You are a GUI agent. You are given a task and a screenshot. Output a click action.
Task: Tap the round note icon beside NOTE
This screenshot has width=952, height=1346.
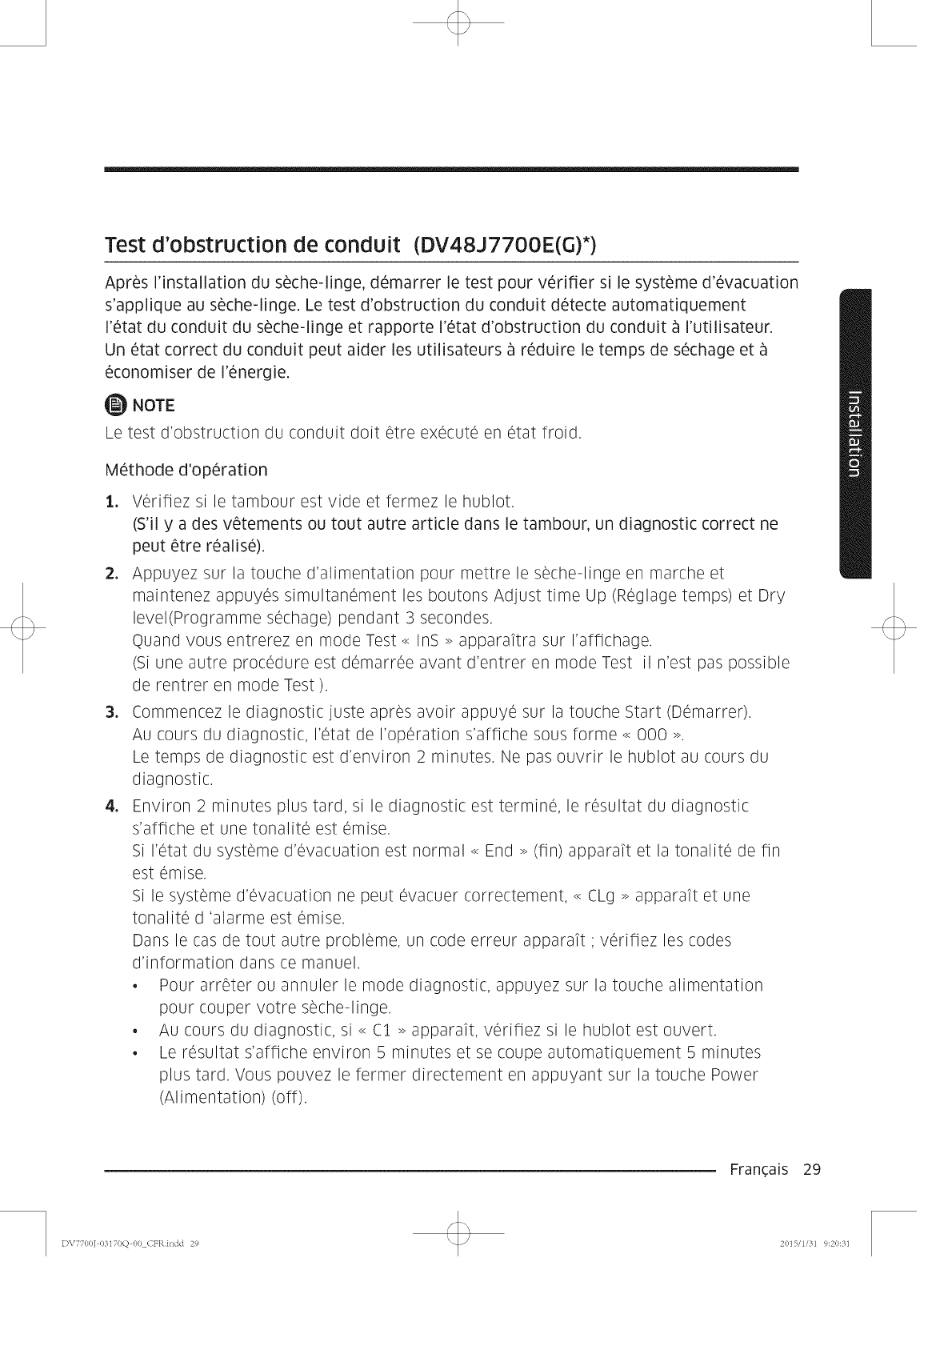pyautogui.click(x=115, y=403)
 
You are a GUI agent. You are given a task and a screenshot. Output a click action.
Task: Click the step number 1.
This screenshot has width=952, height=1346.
pyautogui.click(x=113, y=503)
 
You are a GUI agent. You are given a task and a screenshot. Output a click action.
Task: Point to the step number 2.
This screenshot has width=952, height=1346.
pyautogui.click(x=113, y=574)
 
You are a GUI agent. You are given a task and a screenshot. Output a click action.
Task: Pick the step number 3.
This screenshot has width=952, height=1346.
pyautogui.click(x=113, y=712)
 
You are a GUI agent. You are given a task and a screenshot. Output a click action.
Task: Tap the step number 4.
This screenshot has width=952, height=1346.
pyautogui.click(x=113, y=805)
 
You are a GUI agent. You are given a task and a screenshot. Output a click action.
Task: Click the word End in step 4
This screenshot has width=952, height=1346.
pyautogui.click(x=498, y=850)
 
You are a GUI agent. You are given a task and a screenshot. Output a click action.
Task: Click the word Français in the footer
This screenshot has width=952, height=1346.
pyautogui.click(x=758, y=1170)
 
